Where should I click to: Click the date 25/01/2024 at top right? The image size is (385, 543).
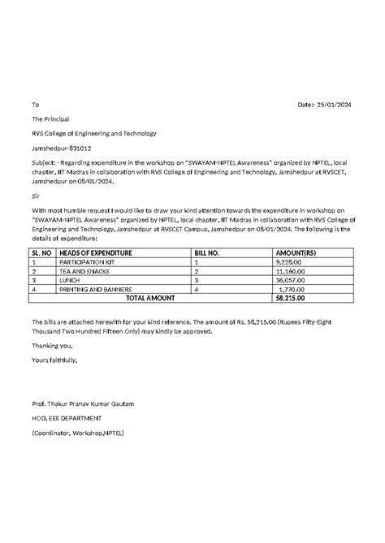[x=337, y=105]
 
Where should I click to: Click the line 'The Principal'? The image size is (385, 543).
[x=51, y=119]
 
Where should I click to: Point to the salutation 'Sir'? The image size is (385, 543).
[x=35, y=196]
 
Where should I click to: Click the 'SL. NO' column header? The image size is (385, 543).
[x=41, y=253]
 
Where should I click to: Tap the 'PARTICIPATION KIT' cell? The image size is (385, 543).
[x=87, y=262]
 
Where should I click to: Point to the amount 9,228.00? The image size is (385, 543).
[x=292, y=262]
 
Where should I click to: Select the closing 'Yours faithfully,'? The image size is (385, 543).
[x=54, y=359]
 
